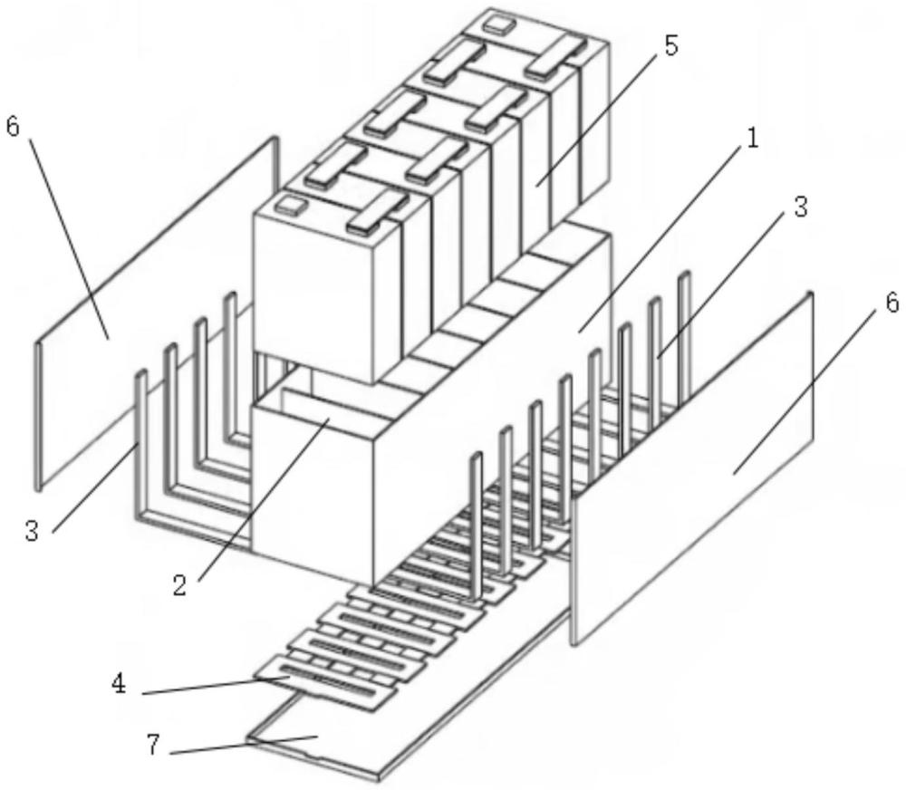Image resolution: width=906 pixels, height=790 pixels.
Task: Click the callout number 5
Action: tap(670, 46)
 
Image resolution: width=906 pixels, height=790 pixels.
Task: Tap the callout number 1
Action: tap(751, 140)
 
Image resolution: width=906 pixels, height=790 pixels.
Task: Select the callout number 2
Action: tap(179, 585)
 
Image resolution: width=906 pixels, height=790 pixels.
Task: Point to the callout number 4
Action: tap(119, 685)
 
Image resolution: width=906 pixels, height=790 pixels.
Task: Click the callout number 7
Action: tap(152, 746)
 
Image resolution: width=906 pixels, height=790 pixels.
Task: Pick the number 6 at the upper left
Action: tap(13, 126)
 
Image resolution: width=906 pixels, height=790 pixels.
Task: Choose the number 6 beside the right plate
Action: tap(892, 302)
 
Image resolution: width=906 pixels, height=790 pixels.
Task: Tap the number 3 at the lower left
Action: tap(32, 531)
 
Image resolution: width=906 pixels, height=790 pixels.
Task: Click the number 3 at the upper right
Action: tap(800, 207)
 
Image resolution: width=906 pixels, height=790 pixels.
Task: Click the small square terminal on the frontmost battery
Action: tap(290, 204)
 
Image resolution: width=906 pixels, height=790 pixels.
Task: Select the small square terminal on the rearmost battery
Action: tap(497, 24)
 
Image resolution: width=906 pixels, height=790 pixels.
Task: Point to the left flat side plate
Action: tap(156, 312)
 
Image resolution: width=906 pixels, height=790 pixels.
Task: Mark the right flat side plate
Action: tap(692, 468)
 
